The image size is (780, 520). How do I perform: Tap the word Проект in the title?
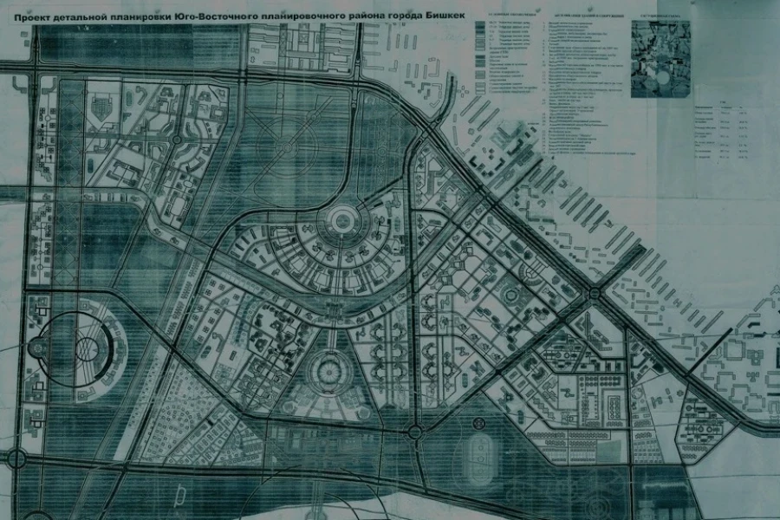click(x=32, y=15)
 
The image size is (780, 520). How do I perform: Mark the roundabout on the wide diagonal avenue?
click(x=595, y=295)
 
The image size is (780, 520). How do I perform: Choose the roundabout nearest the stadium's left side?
click(x=414, y=431)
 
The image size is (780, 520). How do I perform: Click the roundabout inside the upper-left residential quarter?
click(x=176, y=139)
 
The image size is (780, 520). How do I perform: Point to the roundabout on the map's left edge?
click(x=15, y=457)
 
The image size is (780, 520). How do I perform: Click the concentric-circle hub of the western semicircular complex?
click(x=85, y=348)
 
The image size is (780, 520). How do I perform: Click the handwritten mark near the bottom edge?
click(x=179, y=495)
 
